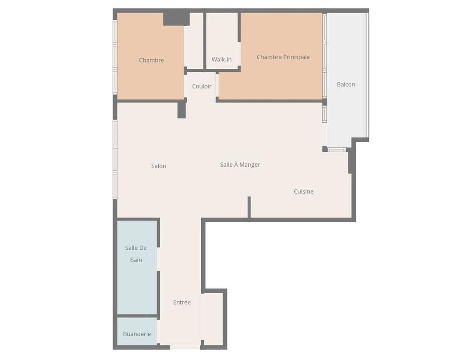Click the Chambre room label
click(x=151, y=60)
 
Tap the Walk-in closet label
click(x=222, y=59)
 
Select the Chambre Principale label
click(x=283, y=57)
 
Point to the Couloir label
click(x=202, y=86)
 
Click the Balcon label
click(x=346, y=84)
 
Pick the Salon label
click(x=159, y=166)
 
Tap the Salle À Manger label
click(x=240, y=164)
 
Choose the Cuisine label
click(x=303, y=192)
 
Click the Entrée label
click(x=182, y=302)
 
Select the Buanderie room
click(x=137, y=332)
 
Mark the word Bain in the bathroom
click(x=136, y=260)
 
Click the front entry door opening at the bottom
click(x=185, y=347)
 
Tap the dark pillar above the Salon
click(x=182, y=110)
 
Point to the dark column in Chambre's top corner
click(x=176, y=19)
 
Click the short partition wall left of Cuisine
click(x=249, y=207)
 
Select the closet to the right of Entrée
click(x=213, y=319)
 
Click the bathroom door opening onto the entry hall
click(x=158, y=259)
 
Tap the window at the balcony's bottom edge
click(x=336, y=150)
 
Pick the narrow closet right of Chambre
click(x=195, y=40)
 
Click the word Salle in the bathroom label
click(x=136, y=248)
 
